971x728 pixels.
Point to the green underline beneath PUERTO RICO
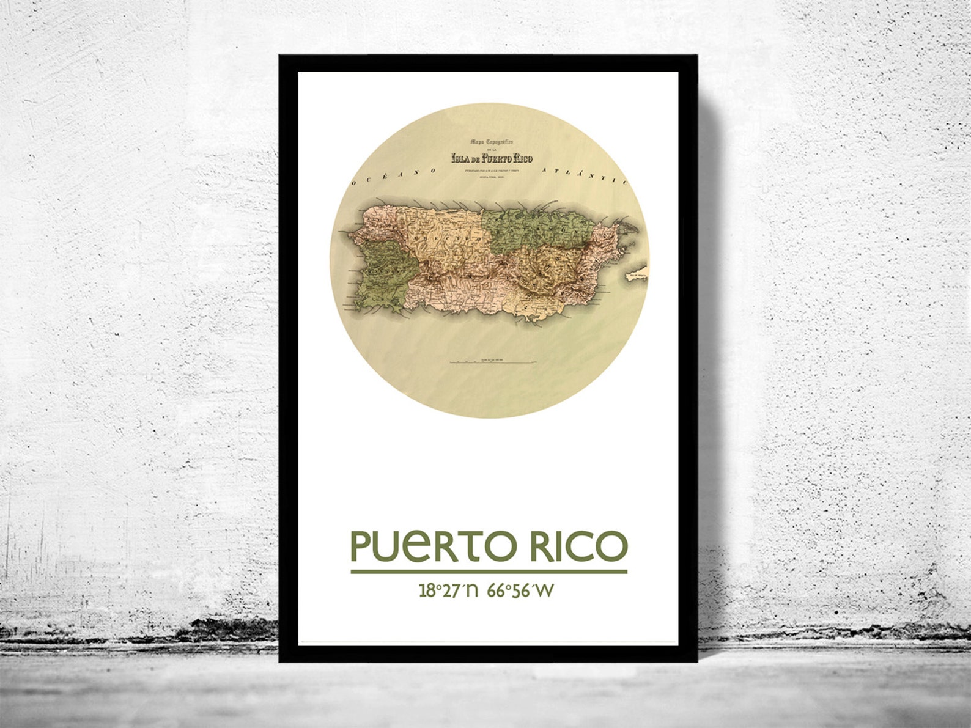point(489,572)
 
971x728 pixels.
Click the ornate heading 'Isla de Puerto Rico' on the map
point(492,158)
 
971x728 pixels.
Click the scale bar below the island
point(493,362)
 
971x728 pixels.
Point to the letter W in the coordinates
point(545,590)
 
